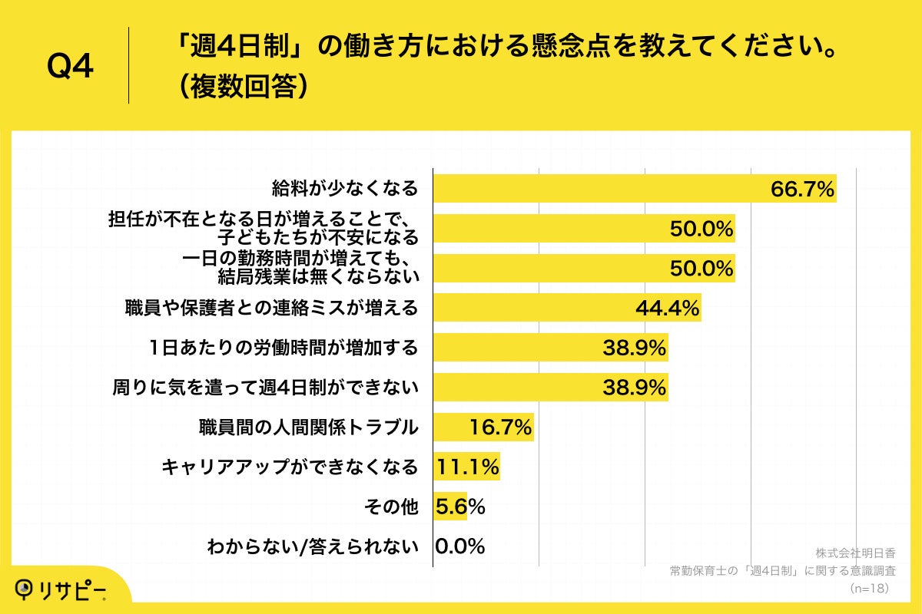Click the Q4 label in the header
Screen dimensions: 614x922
[70, 68]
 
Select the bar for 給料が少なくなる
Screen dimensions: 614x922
[599, 188]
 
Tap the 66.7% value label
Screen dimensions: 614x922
[802, 189]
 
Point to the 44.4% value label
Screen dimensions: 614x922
[667, 308]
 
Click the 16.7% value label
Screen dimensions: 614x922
[500, 427]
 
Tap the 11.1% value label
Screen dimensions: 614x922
[467, 467]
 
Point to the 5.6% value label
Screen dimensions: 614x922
[459, 507]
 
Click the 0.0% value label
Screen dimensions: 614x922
[459, 546]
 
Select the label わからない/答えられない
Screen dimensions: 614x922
[313, 546]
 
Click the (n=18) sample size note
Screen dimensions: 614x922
[868, 588]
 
